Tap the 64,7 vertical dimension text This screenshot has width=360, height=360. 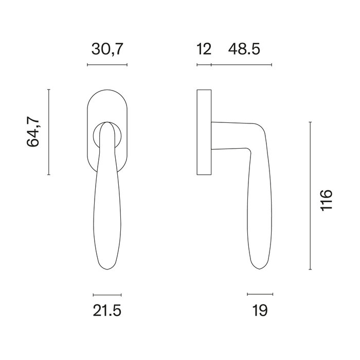(33, 132)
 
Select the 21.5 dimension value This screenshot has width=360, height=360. (107, 311)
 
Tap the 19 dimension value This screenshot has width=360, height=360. (260, 311)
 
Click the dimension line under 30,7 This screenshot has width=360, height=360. (107, 65)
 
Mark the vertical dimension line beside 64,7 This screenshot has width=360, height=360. (48, 132)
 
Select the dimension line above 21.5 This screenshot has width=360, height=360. (107, 295)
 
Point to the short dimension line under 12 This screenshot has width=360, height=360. (204, 65)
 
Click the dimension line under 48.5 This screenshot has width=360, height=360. (241, 65)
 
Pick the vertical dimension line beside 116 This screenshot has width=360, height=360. (310, 195)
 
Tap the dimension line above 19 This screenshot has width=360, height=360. (260, 295)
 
